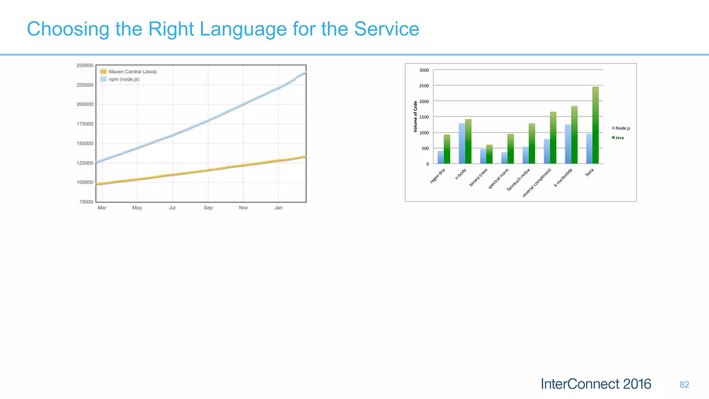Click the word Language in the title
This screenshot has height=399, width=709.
pos(243,29)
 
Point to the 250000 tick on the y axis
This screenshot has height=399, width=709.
pos(85,65)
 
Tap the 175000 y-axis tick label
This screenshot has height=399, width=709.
pos(85,124)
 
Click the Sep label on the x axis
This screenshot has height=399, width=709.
pos(208,208)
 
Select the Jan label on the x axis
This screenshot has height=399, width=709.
pos(278,208)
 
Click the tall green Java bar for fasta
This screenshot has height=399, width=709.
pos(595,125)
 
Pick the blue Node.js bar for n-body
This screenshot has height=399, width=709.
pos(462,143)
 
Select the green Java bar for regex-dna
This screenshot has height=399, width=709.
pos(447,149)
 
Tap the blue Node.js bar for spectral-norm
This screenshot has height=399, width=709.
pos(504,158)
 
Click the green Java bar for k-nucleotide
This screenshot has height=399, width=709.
pos(574,135)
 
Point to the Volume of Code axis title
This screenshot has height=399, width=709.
pos(415,117)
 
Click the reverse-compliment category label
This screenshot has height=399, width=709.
pos(537,183)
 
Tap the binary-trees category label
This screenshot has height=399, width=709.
pos(478,177)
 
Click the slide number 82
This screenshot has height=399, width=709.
pos(684,385)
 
